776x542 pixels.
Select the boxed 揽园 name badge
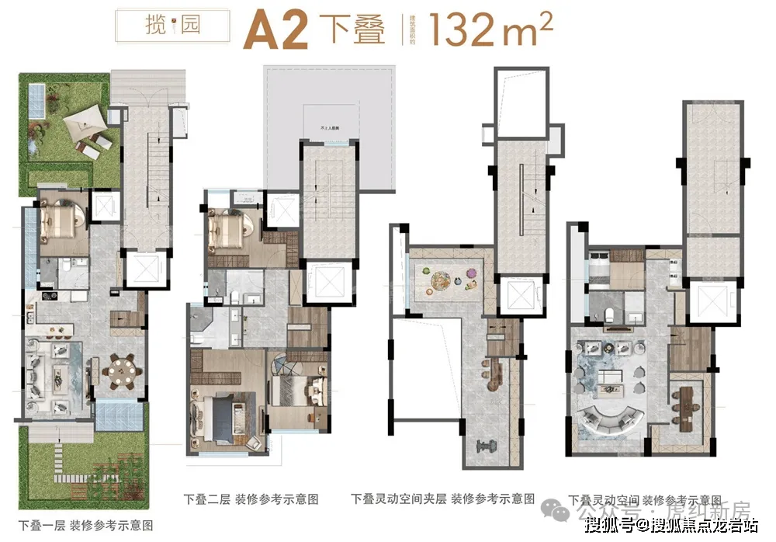[172, 26]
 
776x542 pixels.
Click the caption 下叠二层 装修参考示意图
[251, 499]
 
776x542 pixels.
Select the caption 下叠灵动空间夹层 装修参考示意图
[442, 499]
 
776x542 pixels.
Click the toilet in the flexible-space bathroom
[611, 313]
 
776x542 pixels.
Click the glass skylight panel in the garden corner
[35, 99]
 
